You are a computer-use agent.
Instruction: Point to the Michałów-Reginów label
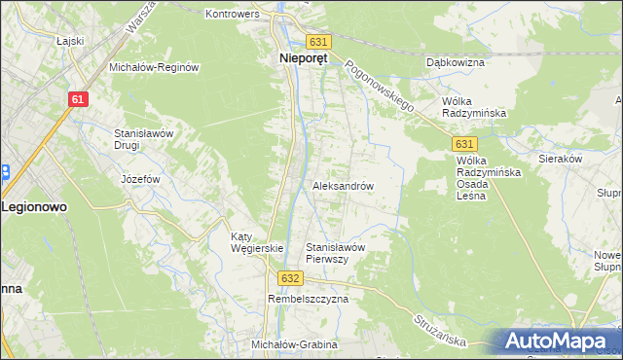coord(155,67)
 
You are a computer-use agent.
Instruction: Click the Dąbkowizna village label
coord(456,62)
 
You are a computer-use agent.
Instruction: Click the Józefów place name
coord(139,180)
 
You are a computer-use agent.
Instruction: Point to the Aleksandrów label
coord(343,185)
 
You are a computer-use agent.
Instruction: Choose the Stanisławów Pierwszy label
coord(335,253)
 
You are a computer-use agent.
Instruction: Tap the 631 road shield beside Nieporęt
coord(318,42)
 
